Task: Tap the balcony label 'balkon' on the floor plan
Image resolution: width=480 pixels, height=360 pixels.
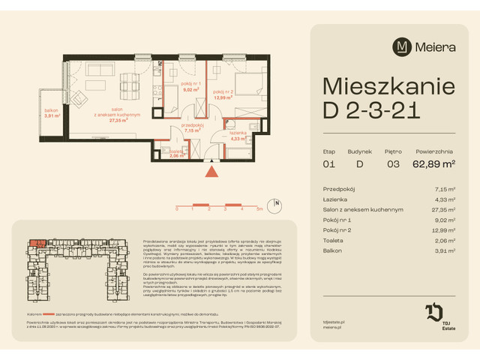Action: coord(52,110)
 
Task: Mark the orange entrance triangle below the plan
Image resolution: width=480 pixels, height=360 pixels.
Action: coord(213,172)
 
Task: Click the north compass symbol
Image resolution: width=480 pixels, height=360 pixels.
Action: coord(277,203)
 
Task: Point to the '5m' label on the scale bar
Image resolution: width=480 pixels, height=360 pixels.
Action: coord(259,211)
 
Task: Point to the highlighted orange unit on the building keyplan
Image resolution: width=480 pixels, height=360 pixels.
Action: coord(36,242)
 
